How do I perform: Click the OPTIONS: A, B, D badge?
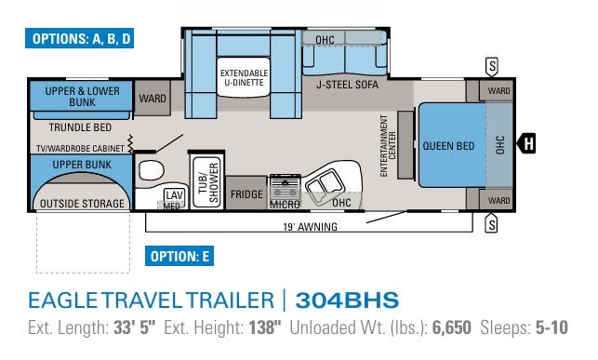(x=82, y=39)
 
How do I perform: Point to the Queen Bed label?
(x=448, y=146)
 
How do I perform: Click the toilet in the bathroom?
(x=151, y=171)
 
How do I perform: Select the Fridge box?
(x=246, y=194)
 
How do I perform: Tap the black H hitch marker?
(x=527, y=143)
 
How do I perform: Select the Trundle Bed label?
(x=79, y=127)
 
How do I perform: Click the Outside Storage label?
(x=80, y=203)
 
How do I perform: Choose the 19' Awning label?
(x=311, y=226)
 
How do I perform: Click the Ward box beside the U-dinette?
(x=152, y=98)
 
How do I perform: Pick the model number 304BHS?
(x=346, y=300)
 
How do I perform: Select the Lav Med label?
(x=172, y=199)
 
